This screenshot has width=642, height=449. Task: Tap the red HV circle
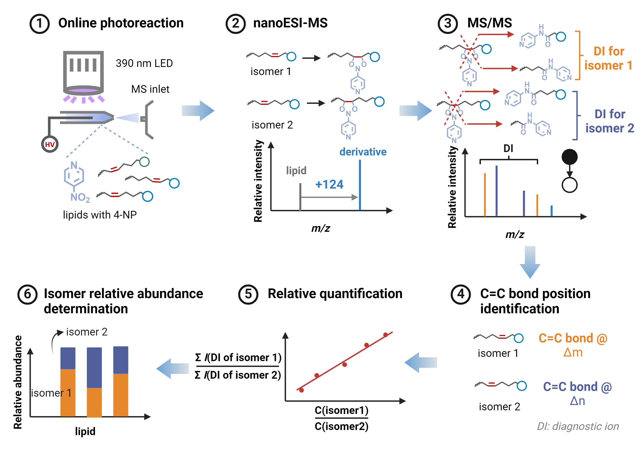[50, 144]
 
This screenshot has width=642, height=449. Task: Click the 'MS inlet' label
[150, 89]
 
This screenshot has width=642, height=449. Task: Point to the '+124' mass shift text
[329, 184]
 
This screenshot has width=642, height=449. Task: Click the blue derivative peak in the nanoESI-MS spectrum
[360, 185]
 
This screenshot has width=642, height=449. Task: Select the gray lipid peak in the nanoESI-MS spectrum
[300, 197]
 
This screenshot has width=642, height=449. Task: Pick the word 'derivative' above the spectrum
[363, 152]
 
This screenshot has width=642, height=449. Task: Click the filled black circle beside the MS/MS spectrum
[570, 157]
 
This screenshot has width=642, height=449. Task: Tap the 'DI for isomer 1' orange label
[608, 58]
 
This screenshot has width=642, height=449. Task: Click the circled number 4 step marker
[461, 294]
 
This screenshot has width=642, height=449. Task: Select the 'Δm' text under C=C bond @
[573, 352]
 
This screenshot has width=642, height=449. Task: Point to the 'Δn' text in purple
[577, 401]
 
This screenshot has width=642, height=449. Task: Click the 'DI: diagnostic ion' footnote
[578, 426]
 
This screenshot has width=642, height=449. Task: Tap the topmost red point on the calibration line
[385, 335]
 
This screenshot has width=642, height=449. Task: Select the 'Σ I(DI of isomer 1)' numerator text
[238, 357]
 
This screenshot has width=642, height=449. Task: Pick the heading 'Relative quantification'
[335, 294]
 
